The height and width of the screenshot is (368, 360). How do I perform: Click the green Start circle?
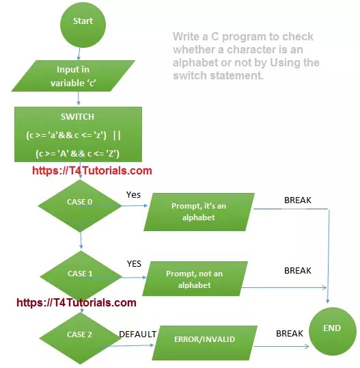[83, 21]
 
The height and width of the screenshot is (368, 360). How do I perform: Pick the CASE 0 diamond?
[81, 202]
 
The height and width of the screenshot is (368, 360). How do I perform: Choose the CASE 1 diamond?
[81, 274]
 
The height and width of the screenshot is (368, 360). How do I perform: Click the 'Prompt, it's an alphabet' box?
[199, 211]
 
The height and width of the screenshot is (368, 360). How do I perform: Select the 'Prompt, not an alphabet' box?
[194, 279]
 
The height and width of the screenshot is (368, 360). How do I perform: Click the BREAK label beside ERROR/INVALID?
[289, 334]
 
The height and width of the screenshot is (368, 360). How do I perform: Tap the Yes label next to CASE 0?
[133, 195]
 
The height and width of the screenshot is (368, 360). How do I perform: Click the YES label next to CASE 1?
[134, 263]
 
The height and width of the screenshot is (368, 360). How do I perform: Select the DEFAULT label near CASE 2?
[138, 334]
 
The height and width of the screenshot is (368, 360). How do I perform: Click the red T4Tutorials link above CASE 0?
[92, 171]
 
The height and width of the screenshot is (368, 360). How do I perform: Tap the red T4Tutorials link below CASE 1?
[76, 302]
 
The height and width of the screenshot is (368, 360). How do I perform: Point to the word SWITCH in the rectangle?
[77, 117]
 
